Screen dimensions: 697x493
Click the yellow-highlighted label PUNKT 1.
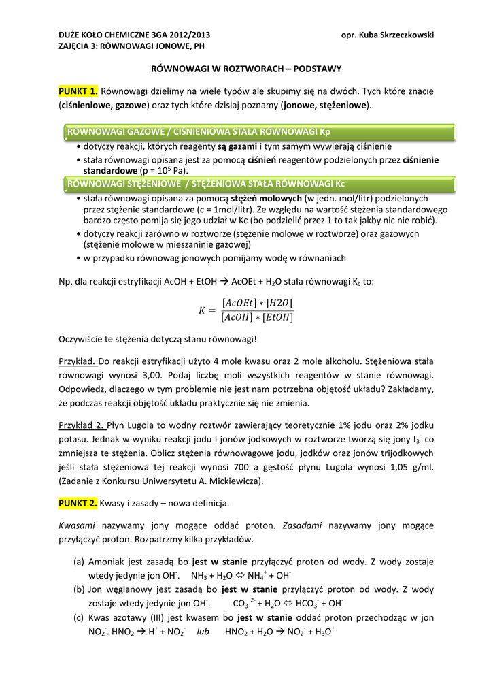pos(78,91)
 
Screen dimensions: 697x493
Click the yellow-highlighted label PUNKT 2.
pos(78,503)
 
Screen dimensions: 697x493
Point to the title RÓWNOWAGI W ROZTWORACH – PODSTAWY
pos(245,69)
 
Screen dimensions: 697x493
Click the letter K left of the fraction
pos(202,310)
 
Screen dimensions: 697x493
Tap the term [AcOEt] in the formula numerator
pos(239,303)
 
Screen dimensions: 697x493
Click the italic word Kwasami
pos(76,525)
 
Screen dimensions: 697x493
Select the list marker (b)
pos(80,589)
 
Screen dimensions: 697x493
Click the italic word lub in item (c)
pos(203,632)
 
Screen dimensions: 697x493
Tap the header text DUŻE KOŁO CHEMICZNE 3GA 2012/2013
pos(135,35)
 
